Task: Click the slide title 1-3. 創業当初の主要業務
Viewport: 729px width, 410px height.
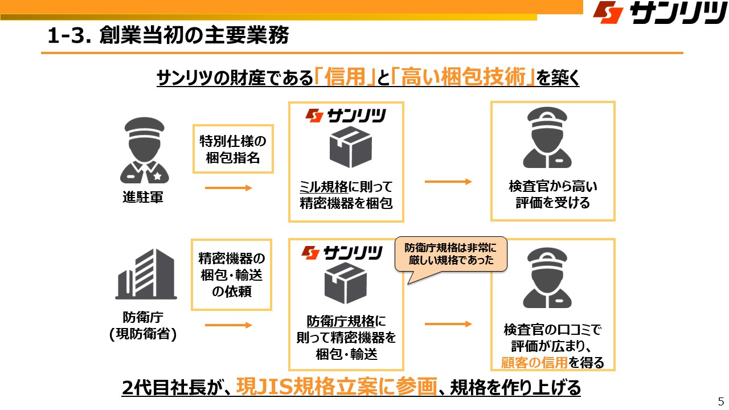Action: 169,36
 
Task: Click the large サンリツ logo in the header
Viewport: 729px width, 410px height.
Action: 658,13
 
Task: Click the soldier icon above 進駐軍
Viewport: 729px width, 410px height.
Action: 144,150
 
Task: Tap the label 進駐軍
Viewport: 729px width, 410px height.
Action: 143,198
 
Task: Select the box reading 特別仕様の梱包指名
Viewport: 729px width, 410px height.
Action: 232,149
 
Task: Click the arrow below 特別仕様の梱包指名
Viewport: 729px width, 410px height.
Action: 228,188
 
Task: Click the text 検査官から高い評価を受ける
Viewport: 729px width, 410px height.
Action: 552,194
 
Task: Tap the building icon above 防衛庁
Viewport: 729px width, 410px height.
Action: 144,274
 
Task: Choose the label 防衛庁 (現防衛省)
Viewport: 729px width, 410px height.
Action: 143,326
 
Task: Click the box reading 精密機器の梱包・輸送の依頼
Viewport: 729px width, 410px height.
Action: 232,276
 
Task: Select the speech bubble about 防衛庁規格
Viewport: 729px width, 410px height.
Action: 451,254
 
